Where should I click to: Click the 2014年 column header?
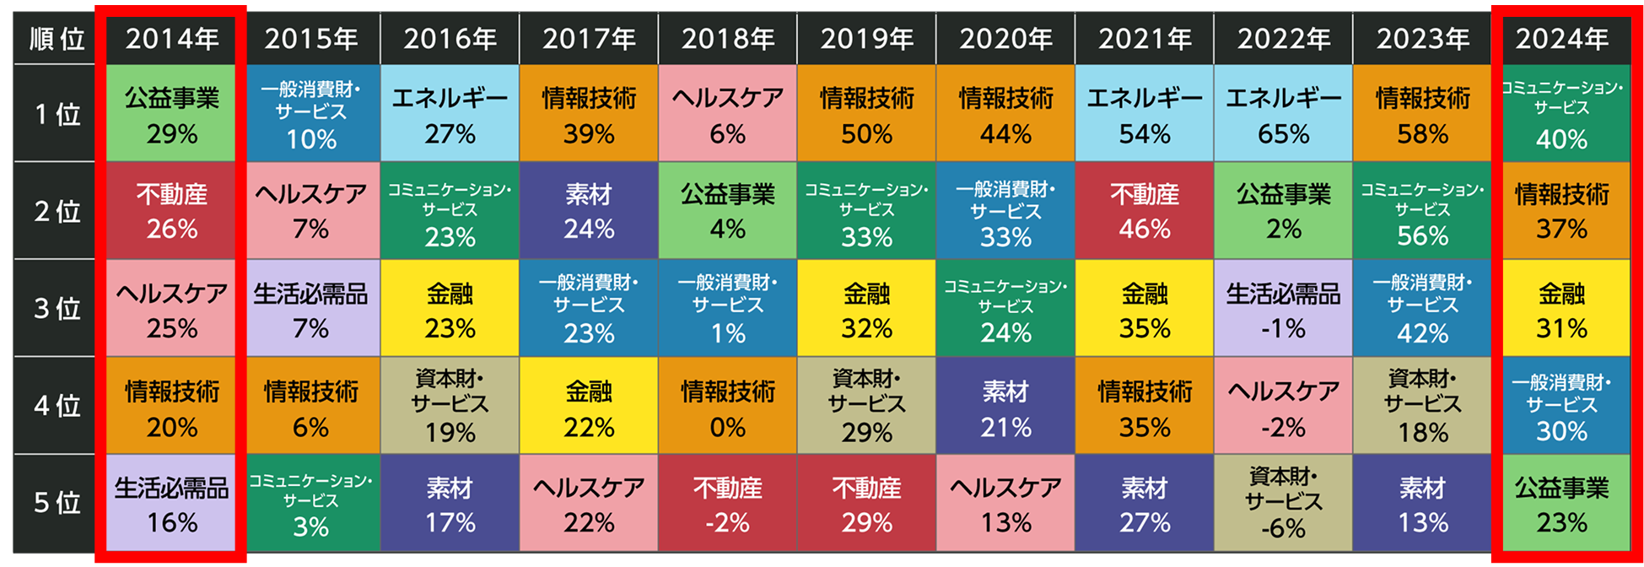tap(172, 39)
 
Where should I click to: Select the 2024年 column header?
tap(1561, 39)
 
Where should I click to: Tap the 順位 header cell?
tap(56, 39)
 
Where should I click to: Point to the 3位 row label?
tap(56, 309)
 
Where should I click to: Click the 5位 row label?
tap(56, 503)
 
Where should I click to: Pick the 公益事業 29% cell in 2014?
tap(172, 115)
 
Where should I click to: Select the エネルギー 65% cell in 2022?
tap(1283, 115)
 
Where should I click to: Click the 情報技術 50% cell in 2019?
tap(866, 115)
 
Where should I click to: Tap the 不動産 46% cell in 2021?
tap(1144, 211)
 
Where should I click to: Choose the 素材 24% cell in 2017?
tap(589, 211)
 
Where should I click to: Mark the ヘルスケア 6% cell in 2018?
tap(727, 115)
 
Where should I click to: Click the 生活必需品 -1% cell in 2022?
tap(1283, 309)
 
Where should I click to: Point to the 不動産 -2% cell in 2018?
tap(727, 503)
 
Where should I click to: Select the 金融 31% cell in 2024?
tap(1561, 309)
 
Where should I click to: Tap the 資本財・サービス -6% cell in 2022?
tap(1283, 503)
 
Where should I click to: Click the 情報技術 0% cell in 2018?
tap(727, 407)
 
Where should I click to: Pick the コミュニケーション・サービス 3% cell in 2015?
tap(311, 503)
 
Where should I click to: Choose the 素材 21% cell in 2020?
tap(1005, 407)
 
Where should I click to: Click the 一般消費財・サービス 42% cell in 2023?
tap(1422, 309)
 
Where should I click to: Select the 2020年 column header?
tap(1005, 39)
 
